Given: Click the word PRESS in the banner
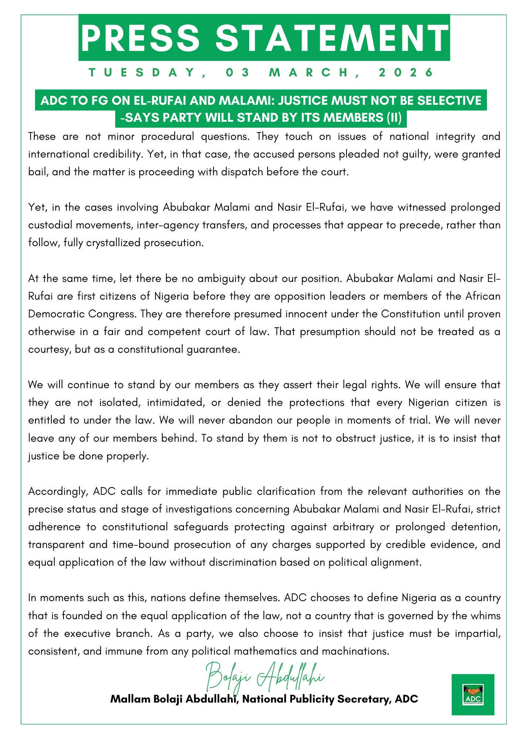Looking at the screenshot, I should coord(140,38).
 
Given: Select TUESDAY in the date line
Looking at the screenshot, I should coord(142,72).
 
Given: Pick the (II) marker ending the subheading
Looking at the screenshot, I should coord(394,118).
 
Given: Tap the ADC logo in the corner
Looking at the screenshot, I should coord(473,694).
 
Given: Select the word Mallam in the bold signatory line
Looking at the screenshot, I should coord(130,699).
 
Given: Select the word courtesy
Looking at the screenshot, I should coord(49,349).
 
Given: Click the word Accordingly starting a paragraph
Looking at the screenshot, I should coord(58,492).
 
